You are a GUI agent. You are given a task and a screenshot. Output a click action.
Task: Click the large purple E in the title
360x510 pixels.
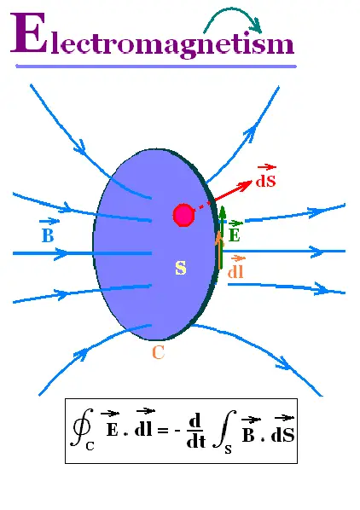pos(29,32)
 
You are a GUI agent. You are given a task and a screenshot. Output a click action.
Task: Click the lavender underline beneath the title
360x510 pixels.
pos(156,67)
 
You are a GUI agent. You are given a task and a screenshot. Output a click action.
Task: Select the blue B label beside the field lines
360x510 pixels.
pos(48,235)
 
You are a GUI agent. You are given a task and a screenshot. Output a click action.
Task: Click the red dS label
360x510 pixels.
pos(265,181)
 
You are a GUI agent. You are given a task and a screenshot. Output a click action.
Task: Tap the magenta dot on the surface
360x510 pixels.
pos(183,215)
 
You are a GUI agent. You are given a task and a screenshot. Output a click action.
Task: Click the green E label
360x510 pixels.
pos(234,235)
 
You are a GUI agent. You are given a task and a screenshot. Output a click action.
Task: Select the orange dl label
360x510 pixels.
pos(235,271)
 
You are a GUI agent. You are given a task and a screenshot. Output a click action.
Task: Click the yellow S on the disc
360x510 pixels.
pos(181,268)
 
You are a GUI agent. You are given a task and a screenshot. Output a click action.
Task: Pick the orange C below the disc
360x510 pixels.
pos(159,352)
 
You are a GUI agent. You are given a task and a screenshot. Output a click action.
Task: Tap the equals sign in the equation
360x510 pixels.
pos(163,431)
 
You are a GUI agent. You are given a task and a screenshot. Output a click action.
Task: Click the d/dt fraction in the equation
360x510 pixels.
pos(196,431)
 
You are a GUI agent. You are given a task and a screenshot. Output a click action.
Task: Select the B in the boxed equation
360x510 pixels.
pos(248,435)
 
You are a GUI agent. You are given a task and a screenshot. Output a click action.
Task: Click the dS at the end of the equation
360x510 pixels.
pos(282,435)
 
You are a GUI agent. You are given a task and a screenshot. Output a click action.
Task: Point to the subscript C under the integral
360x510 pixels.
pos(90,446)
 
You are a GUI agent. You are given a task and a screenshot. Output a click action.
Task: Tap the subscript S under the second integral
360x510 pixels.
pos(229,449)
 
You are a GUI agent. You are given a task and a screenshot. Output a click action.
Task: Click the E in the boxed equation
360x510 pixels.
pos(113,430)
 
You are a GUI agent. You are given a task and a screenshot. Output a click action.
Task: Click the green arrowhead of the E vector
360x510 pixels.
pos(223,211)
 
